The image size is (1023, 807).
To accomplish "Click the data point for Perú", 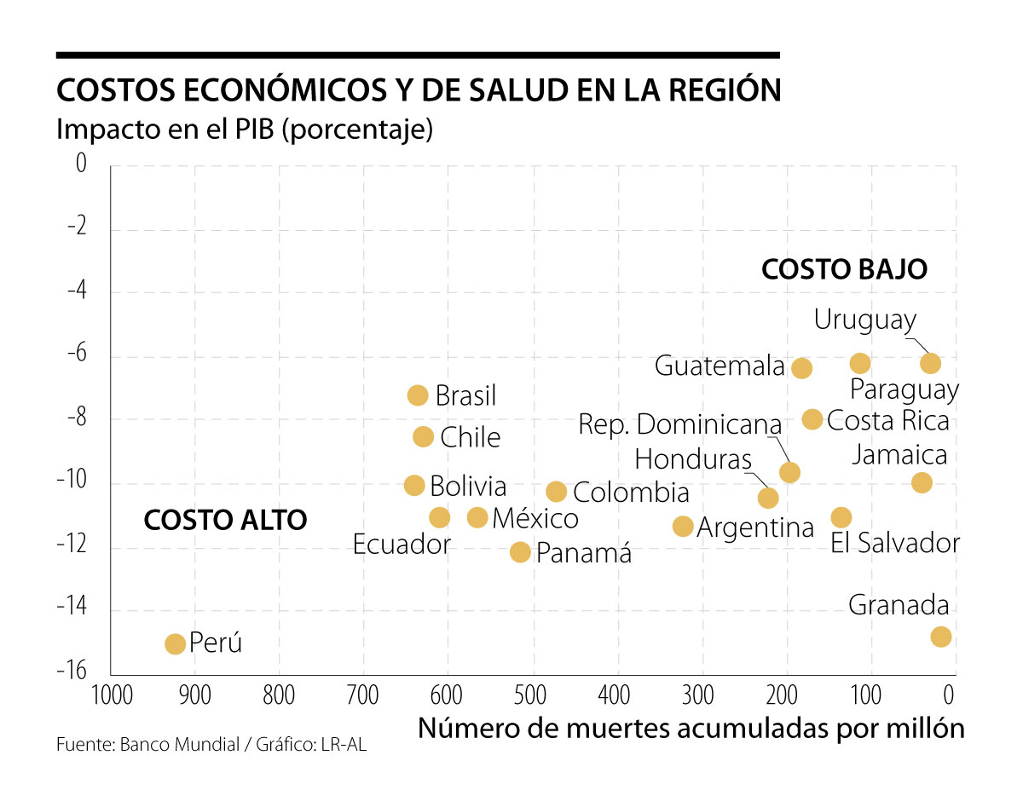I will pyautogui.click(x=175, y=643).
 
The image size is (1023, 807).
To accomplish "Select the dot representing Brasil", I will pyautogui.click(x=418, y=395).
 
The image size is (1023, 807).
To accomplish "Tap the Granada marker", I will pyautogui.click(x=941, y=637).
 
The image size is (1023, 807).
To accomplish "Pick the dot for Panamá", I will pyautogui.click(x=520, y=552).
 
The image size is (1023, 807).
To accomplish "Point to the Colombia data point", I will pyautogui.click(x=557, y=492).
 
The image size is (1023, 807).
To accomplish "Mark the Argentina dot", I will pyautogui.click(x=683, y=527).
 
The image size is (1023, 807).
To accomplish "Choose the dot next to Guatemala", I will pyautogui.click(x=801, y=368).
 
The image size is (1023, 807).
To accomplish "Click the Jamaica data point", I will pyautogui.click(x=922, y=482).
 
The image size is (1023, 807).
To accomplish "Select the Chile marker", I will pyautogui.click(x=423, y=437).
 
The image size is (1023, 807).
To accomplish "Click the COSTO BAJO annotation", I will pyautogui.click(x=844, y=269).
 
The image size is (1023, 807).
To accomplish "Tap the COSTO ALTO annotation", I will pyautogui.click(x=225, y=520).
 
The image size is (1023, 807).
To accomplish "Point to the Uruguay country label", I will pyautogui.click(x=864, y=320).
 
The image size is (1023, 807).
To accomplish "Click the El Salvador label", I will pyautogui.click(x=895, y=544).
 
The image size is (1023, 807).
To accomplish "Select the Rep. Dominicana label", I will pyautogui.click(x=679, y=424).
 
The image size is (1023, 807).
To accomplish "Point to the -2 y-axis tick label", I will pyautogui.click(x=77, y=228).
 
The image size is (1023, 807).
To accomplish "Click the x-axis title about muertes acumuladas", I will pyautogui.click(x=691, y=729).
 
